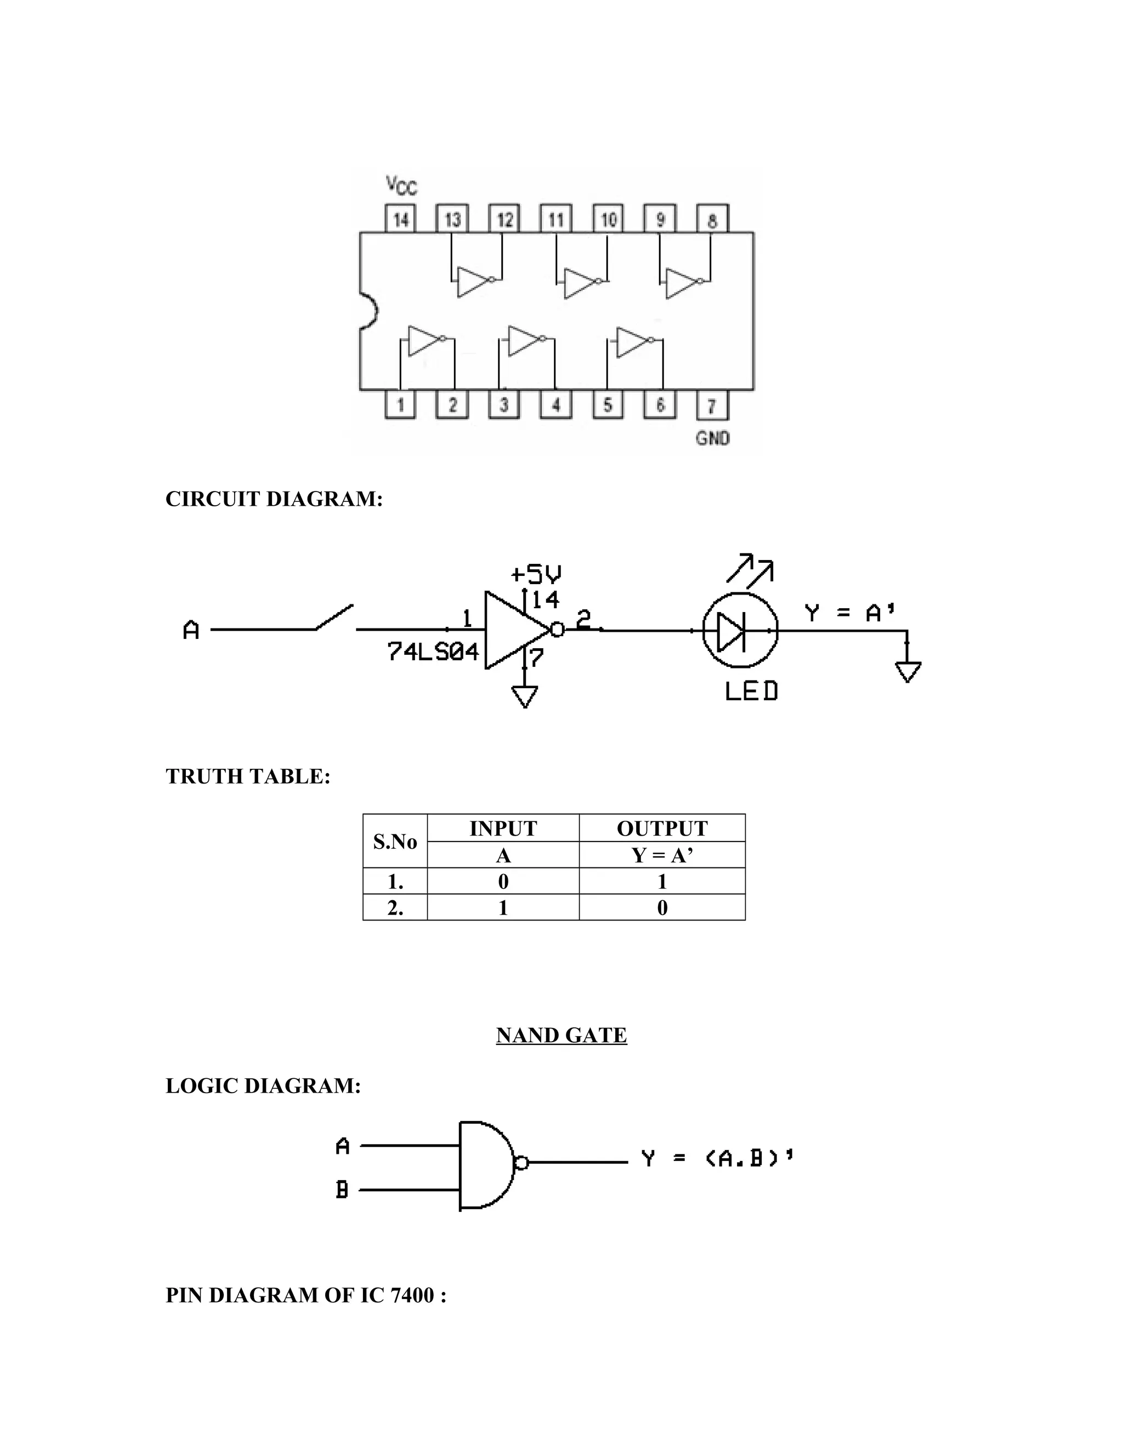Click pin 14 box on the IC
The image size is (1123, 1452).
pos(400,219)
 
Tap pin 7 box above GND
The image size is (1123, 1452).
pos(712,405)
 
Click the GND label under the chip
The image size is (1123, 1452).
pos(712,438)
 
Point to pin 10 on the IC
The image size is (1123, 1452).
pos(608,219)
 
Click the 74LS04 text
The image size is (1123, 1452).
pos(433,652)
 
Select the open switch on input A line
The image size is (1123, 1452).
pos(334,618)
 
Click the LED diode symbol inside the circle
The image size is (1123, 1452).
pos(732,630)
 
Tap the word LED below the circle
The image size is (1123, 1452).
pos(751,691)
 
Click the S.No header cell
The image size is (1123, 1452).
pos(394,841)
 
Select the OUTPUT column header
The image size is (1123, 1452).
pos(662,828)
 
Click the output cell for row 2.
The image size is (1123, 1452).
pos(662,907)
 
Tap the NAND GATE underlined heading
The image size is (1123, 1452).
pos(561,1034)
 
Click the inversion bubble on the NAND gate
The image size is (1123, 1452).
pos(521,1162)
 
